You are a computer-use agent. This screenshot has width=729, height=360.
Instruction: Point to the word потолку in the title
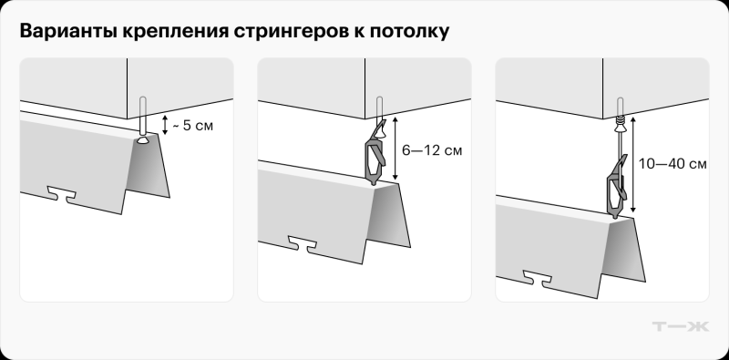point(406,32)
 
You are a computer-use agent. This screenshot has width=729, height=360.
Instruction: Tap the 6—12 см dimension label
point(433,147)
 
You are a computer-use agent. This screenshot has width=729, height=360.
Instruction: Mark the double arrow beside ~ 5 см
point(165,125)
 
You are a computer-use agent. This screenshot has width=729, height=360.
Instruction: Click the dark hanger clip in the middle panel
point(375,153)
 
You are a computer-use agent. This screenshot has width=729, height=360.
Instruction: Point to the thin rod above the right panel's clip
point(619,141)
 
